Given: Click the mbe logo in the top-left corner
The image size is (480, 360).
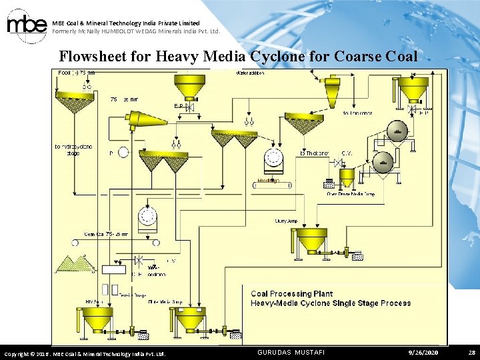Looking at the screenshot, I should click(27, 25).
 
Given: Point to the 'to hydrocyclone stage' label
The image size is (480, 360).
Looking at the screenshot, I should click(74, 149).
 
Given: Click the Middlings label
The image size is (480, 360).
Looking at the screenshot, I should click(268, 181).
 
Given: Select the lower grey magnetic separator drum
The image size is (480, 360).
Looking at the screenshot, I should click(383, 162).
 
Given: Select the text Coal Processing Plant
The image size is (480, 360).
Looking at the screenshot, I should click(291, 293).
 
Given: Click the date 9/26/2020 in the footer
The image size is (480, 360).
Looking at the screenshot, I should click(424, 352).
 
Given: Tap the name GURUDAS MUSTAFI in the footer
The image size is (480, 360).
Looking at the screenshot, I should click(291, 352).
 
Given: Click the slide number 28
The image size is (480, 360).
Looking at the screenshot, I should click(471, 352).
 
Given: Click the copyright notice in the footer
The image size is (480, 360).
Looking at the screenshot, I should click(85, 353).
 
